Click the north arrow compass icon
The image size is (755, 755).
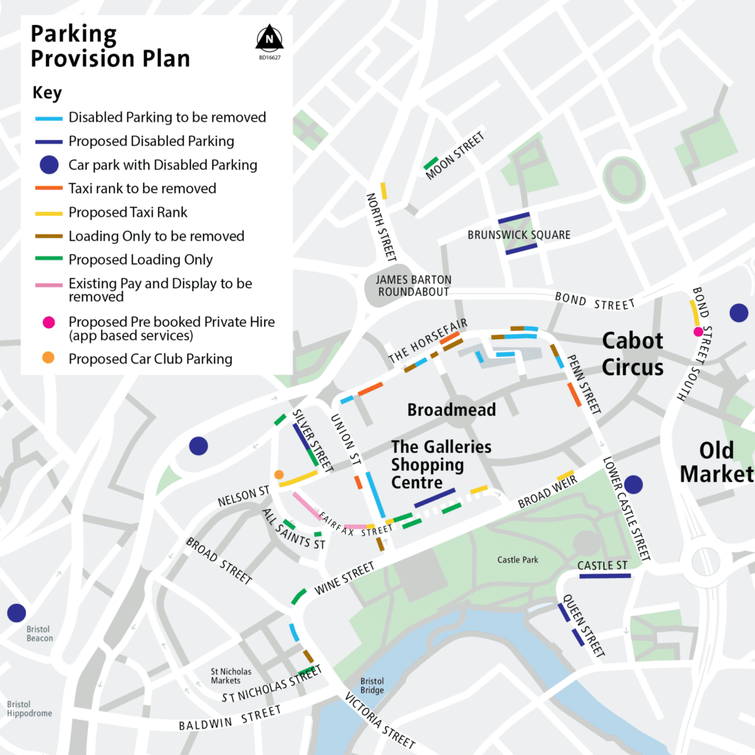[270, 37]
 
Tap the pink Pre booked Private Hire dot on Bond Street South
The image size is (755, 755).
[697, 331]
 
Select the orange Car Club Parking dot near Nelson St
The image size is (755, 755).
[279, 475]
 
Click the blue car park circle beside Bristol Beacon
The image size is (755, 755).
[16, 613]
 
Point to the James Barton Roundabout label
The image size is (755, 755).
[413, 286]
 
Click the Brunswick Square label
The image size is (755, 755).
[519, 235]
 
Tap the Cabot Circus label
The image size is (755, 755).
[633, 354]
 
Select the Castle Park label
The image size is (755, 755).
[518, 560]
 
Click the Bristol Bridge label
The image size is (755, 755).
[372, 686]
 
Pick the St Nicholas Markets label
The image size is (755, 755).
[231, 676]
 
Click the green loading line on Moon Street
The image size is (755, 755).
[431, 163]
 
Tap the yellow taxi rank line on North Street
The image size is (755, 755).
[383, 190]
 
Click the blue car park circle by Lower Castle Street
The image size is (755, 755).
[633, 484]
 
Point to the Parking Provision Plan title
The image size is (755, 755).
[110, 46]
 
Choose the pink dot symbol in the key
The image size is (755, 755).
[48, 322]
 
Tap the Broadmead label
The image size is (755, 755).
[451, 410]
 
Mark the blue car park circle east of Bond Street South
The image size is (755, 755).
[739, 313]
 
